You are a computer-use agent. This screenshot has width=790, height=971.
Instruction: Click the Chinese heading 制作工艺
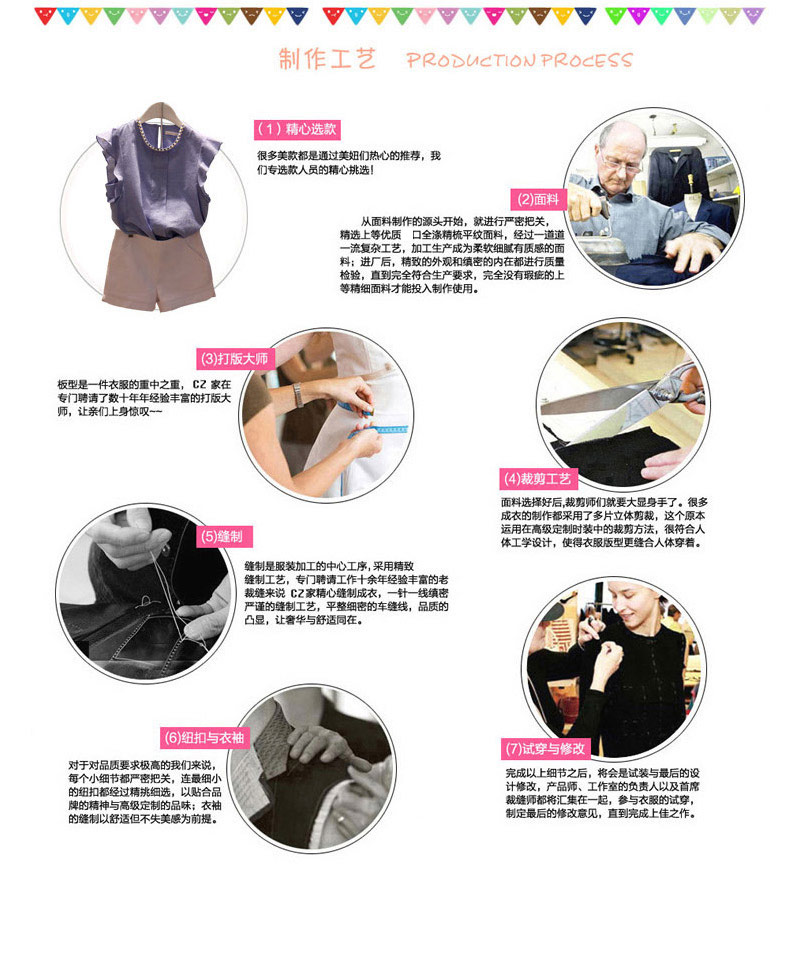327,59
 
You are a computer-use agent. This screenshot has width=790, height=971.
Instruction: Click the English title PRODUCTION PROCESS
519,60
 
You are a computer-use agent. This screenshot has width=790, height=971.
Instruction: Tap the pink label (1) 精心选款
297,129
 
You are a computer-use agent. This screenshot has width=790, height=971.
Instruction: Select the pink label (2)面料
538,199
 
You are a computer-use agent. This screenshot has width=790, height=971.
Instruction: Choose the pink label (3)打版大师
234,359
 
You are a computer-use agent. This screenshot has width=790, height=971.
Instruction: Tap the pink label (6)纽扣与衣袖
204,738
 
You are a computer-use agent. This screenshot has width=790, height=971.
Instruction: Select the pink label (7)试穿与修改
545,749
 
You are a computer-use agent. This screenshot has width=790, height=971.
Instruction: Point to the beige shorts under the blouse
158,269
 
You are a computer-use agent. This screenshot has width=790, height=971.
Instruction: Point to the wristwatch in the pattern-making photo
298,394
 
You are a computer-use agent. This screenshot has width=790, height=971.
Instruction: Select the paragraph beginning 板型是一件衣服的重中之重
144,398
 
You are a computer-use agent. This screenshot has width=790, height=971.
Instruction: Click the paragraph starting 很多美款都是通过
349,162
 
